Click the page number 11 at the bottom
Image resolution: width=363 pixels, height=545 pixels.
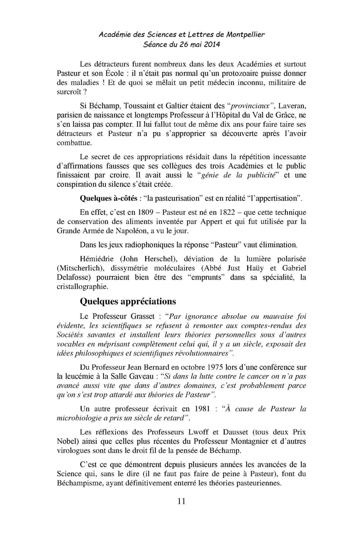(x=181, y=501)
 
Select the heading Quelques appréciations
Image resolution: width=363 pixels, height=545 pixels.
(x=128, y=301)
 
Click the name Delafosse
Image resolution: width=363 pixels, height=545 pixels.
(x=74, y=277)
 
